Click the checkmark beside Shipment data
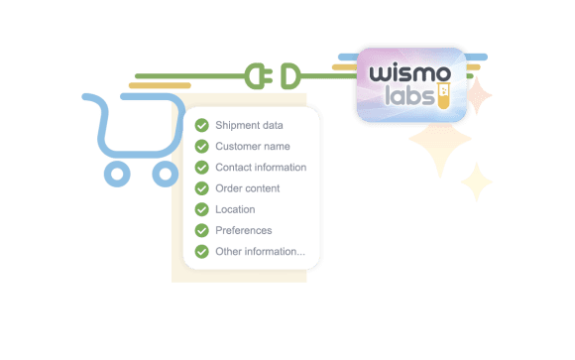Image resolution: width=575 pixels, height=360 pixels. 201,125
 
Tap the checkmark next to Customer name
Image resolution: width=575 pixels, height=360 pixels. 201,147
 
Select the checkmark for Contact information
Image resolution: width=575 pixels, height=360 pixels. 201,168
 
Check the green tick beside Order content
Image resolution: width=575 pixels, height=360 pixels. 201,188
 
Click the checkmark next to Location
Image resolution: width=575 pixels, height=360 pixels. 201,209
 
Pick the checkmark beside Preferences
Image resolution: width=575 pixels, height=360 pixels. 201,230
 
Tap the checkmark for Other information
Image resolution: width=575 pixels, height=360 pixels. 201,252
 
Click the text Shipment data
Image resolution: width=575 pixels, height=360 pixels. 249,126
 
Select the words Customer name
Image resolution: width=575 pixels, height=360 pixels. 253,147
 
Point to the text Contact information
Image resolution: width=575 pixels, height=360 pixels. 261,168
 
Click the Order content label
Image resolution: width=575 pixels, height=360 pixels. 248,188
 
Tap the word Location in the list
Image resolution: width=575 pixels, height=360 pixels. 235,209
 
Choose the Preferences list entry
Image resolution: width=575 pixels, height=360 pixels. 244,230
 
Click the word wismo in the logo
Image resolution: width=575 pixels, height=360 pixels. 409,73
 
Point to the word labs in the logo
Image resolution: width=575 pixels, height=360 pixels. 409,95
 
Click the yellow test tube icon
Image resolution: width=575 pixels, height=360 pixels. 443,96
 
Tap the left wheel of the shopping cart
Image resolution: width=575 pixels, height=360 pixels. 117,174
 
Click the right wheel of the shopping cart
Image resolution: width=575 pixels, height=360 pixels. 166,174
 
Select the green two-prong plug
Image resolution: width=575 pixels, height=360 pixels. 259,76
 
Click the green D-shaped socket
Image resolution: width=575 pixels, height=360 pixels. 290,76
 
